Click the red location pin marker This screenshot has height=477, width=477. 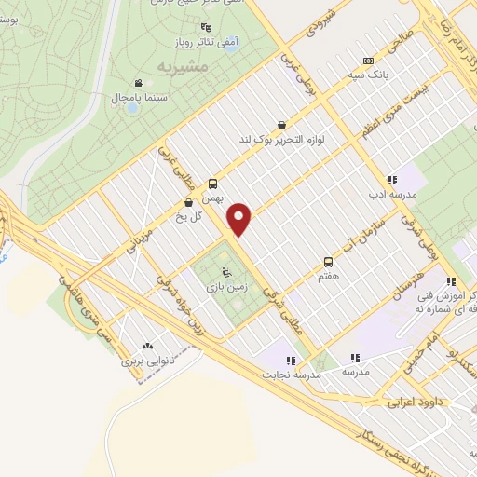click(240, 220)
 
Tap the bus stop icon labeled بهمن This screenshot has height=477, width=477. click(213, 184)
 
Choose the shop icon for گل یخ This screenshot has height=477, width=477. click(190, 201)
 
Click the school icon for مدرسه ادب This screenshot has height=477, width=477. click(392, 180)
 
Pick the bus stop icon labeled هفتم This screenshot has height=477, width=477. click(327, 262)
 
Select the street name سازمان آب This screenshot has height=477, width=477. click(376, 233)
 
